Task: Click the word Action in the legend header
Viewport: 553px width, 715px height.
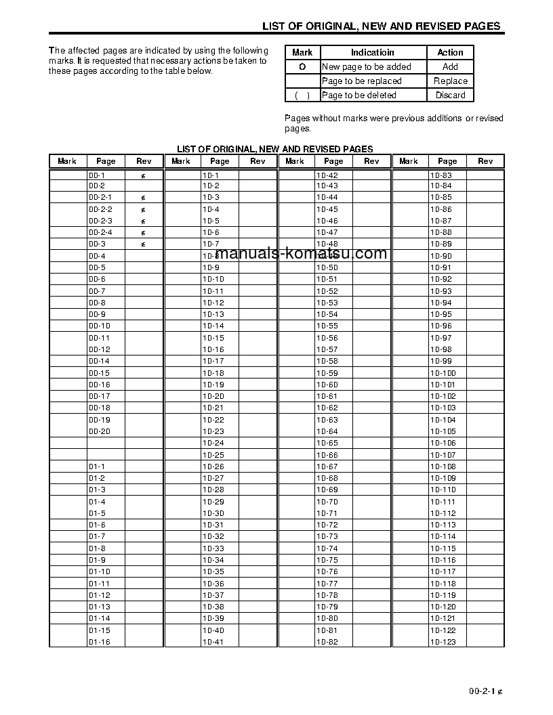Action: (x=450, y=52)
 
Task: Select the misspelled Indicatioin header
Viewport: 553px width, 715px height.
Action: (x=372, y=52)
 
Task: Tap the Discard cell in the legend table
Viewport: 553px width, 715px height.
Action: (x=450, y=95)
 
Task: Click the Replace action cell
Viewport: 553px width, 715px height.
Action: (x=450, y=81)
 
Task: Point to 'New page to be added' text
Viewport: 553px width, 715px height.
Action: (x=366, y=67)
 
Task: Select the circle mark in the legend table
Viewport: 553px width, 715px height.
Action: (x=302, y=67)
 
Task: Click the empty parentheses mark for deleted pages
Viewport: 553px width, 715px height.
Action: (x=302, y=95)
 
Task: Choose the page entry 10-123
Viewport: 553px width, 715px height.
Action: (x=443, y=642)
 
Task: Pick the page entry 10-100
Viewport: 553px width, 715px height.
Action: (x=443, y=373)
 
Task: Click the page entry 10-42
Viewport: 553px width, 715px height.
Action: (x=327, y=175)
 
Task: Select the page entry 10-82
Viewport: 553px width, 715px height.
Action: (x=327, y=642)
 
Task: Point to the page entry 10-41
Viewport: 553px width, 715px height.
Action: (x=213, y=642)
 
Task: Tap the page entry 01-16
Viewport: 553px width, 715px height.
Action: (x=99, y=642)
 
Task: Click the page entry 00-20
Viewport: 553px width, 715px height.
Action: (x=99, y=431)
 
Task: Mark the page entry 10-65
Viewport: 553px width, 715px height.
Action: (x=327, y=443)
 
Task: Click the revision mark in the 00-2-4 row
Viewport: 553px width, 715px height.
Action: (x=144, y=233)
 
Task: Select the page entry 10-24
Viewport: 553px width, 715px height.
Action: (x=213, y=443)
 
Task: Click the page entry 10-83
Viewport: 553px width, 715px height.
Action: (x=441, y=175)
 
